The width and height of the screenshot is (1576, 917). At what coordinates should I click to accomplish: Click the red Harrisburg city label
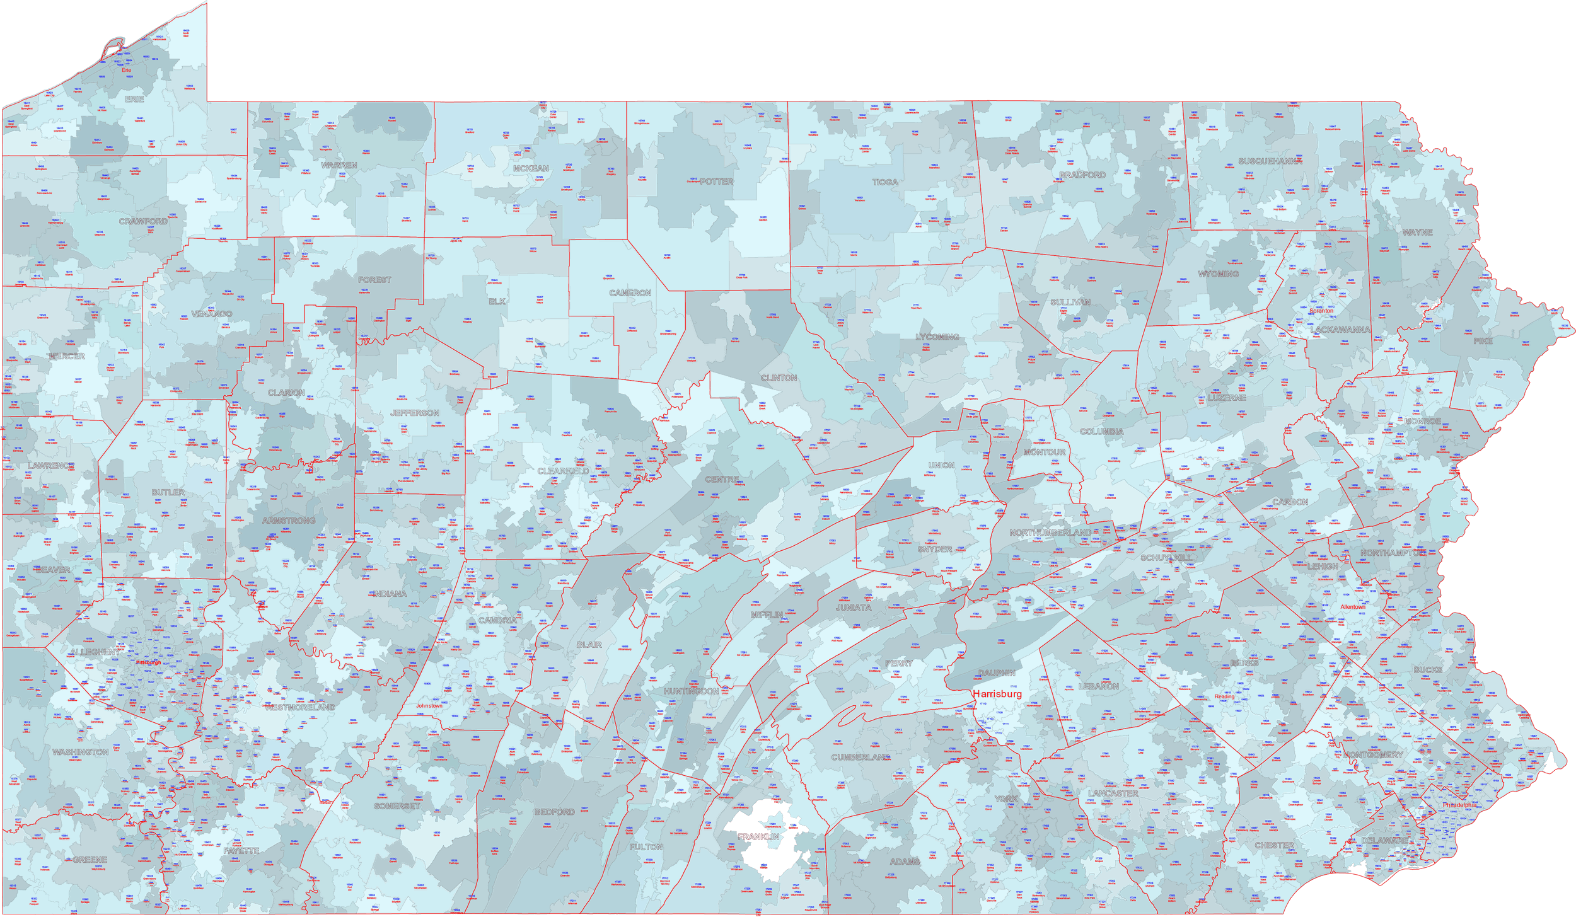click(x=996, y=694)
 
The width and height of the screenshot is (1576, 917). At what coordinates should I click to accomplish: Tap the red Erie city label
click(x=126, y=70)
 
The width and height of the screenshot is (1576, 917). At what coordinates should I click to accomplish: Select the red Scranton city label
click(x=1321, y=311)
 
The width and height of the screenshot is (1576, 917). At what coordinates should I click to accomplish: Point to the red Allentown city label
click(x=1352, y=607)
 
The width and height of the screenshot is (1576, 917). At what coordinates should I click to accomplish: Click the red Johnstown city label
click(x=429, y=706)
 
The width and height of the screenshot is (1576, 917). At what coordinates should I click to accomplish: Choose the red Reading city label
click(x=1224, y=696)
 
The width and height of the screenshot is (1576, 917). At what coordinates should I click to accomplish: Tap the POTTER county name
click(x=716, y=182)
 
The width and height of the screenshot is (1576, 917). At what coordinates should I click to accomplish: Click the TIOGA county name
click(x=885, y=182)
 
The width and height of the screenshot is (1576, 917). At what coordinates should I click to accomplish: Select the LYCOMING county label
click(x=937, y=337)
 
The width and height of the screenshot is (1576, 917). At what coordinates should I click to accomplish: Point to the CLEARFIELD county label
click(x=563, y=471)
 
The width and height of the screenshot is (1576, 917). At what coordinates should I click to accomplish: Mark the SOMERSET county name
click(x=397, y=806)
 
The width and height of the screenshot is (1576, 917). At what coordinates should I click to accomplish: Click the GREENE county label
click(x=90, y=860)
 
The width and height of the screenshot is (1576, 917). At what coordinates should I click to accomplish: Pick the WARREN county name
click(x=339, y=165)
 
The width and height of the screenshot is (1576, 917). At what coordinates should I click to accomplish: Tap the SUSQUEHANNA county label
click(x=1267, y=161)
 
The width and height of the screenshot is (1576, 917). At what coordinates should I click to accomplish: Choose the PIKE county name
click(x=1483, y=341)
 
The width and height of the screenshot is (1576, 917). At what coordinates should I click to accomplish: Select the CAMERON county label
click(x=630, y=293)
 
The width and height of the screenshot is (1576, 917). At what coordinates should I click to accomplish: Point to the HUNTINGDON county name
click(x=691, y=691)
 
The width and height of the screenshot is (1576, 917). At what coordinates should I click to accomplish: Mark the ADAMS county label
click(x=905, y=862)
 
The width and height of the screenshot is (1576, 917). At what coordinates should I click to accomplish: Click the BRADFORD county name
click(x=1082, y=175)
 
